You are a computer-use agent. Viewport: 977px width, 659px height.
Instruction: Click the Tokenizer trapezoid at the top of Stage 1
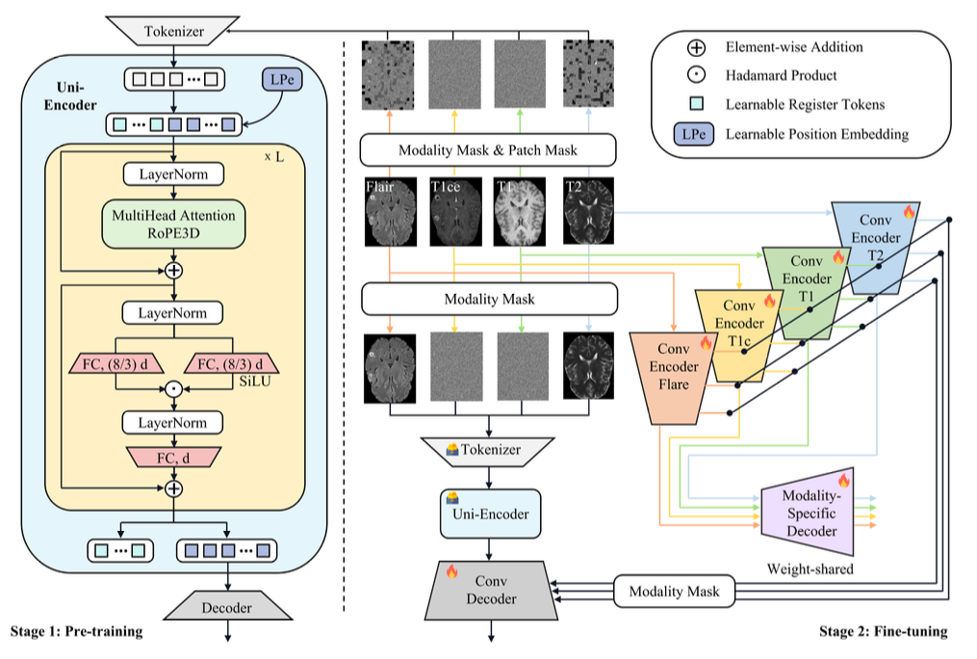(x=173, y=31)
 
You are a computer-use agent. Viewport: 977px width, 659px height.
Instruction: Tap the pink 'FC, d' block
(x=173, y=458)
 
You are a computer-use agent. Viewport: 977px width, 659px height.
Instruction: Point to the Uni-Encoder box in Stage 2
(x=491, y=514)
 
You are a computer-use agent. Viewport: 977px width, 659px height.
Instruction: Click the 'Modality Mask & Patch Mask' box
(x=488, y=150)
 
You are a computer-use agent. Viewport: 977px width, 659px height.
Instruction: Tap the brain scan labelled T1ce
(x=454, y=210)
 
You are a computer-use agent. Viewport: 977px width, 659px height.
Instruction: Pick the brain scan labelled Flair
(x=389, y=210)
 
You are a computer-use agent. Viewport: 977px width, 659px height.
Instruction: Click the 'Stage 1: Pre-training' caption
(x=76, y=632)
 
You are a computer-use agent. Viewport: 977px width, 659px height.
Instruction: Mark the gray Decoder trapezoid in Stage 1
(x=228, y=608)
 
